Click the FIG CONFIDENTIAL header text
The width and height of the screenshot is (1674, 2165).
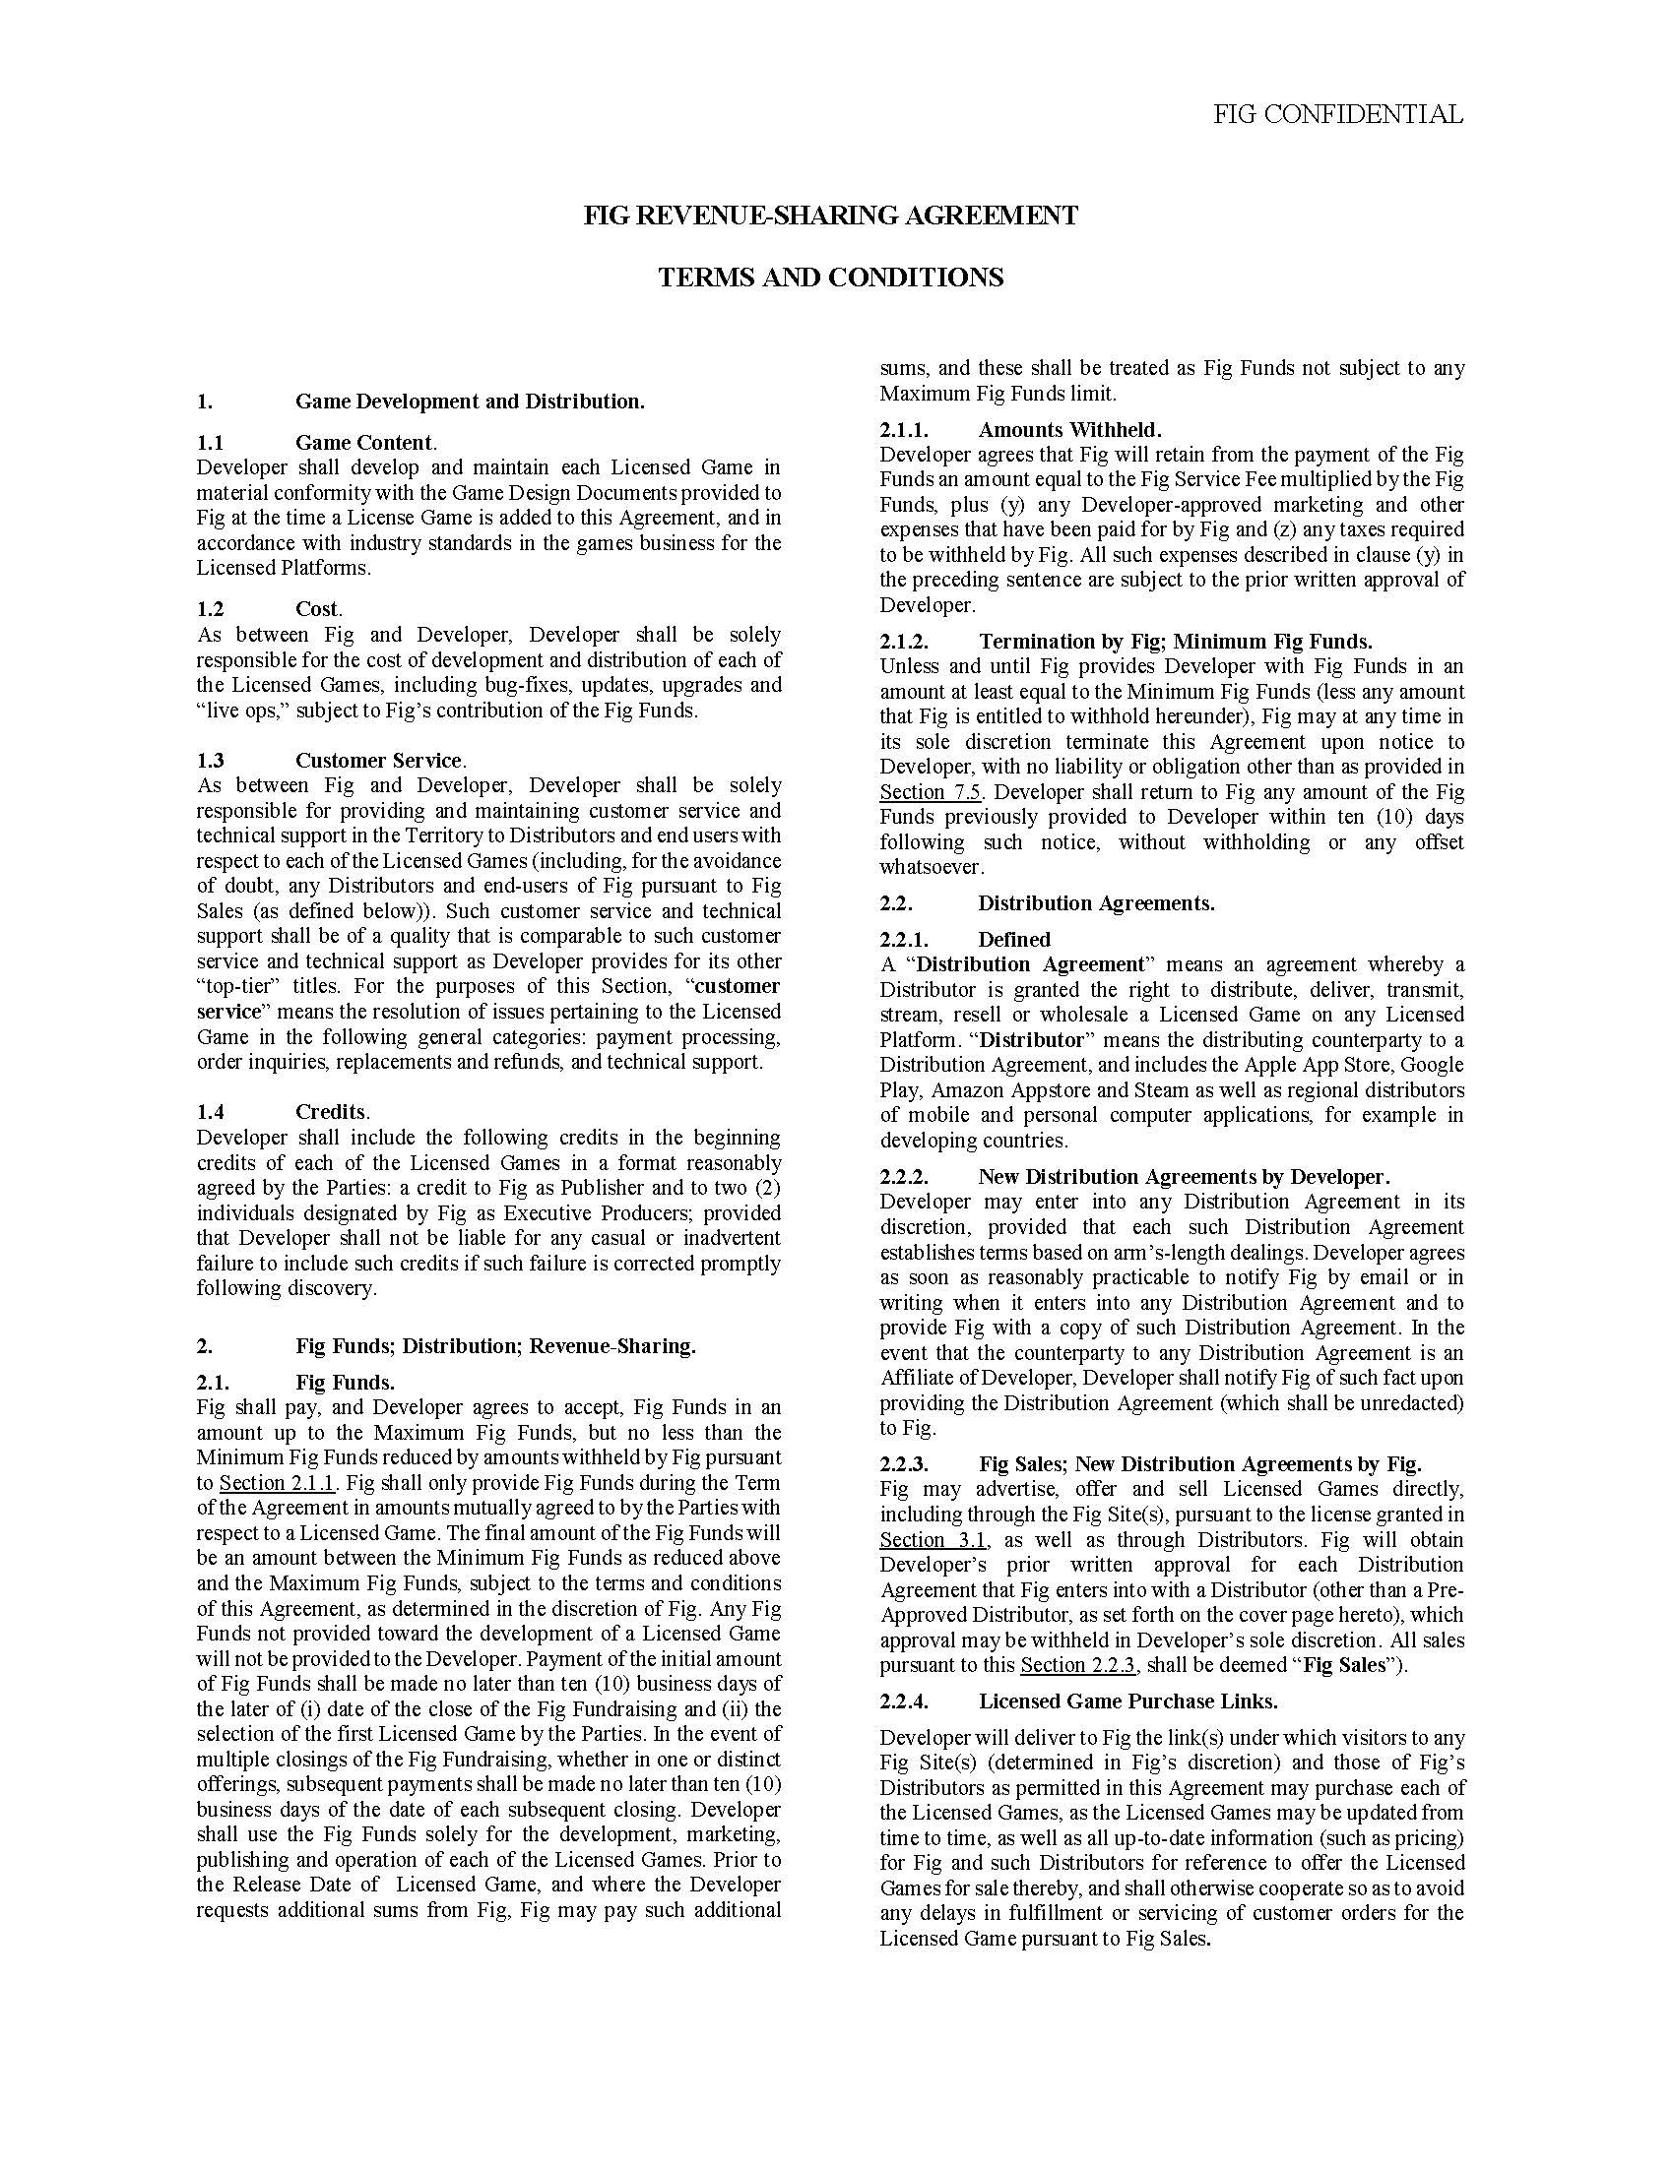coord(1338,115)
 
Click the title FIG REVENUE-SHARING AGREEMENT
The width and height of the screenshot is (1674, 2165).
coord(830,216)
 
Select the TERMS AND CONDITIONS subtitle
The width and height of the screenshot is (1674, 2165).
coord(830,278)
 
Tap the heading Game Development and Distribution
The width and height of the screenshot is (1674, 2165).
coord(469,402)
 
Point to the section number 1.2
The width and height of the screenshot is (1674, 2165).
coord(211,608)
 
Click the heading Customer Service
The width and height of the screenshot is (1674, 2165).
coord(380,761)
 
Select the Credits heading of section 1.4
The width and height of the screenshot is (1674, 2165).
coord(332,1112)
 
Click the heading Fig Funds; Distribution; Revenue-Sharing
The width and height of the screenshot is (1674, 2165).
coord(495,1346)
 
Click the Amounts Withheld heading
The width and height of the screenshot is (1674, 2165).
coord(1069,429)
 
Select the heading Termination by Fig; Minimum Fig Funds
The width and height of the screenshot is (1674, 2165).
coord(1175,642)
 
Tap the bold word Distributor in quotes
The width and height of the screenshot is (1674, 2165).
coord(1032,1040)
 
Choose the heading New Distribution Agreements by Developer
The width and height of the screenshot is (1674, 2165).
coord(1183,1177)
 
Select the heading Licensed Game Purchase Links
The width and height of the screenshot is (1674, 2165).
coord(1127,1701)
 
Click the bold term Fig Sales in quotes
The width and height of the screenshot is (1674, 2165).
coord(1344,1665)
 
